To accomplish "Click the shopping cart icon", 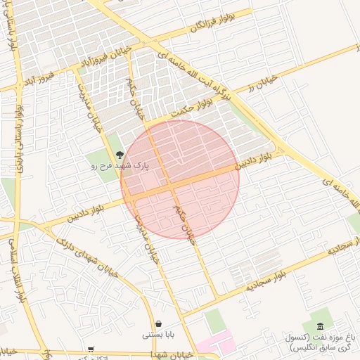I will coord(91,349).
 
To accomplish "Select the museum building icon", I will coord(321,326).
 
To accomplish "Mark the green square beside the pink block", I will coord(215,321).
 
